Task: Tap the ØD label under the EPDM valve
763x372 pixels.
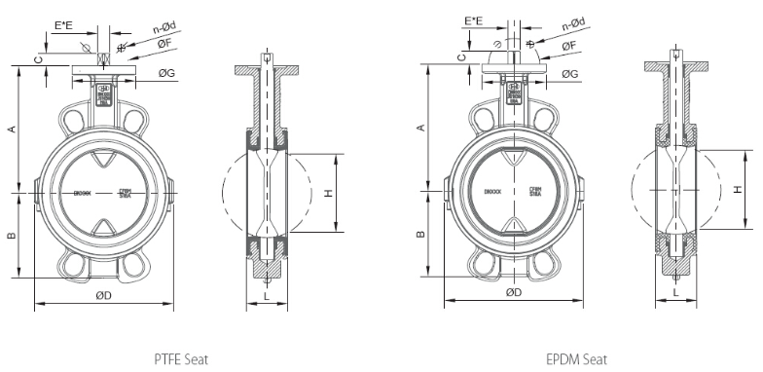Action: [x=513, y=292]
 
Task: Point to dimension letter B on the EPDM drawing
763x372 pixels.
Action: [x=420, y=234]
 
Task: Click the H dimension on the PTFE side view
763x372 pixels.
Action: [x=329, y=193]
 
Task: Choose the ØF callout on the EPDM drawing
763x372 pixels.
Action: [x=571, y=45]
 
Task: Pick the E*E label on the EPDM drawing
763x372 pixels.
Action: [x=475, y=20]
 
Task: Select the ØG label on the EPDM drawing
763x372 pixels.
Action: [x=571, y=74]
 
